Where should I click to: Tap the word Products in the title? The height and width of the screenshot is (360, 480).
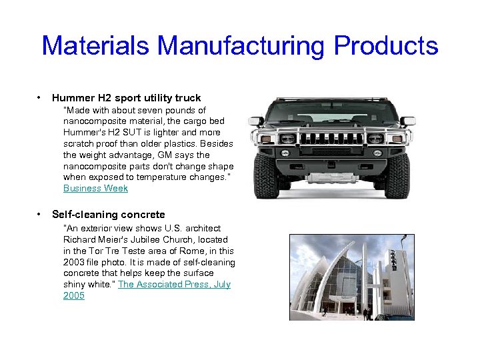pos(386,46)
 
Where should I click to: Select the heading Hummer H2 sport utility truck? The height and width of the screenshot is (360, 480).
pos(126,98)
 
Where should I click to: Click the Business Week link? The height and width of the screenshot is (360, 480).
pos(95,188)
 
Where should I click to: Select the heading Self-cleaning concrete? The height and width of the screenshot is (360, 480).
pos(108,215)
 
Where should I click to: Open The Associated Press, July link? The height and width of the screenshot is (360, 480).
pos(174,284)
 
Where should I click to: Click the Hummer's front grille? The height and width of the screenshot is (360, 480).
pos(332,139)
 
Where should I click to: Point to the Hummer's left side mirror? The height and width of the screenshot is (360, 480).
pos(256,121)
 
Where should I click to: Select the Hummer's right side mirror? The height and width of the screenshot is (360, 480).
pos(407,121)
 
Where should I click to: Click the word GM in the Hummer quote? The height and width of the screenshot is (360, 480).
pos(164,155)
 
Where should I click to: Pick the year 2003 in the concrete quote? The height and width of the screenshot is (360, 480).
pos(75,262)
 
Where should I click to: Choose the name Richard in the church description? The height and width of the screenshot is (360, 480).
pos(80,239)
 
